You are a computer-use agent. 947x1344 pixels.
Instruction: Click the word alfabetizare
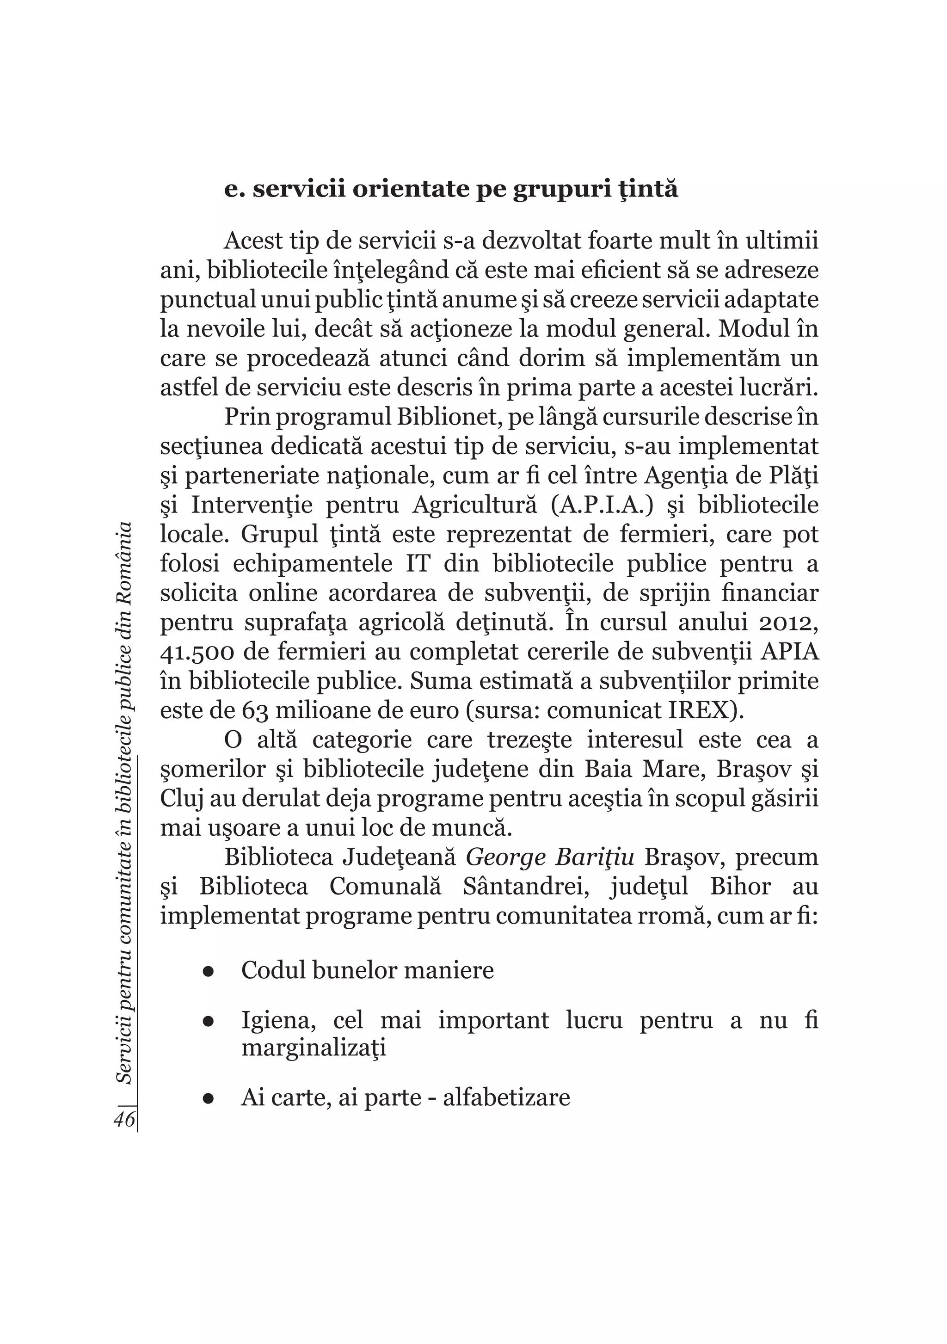506,1097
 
